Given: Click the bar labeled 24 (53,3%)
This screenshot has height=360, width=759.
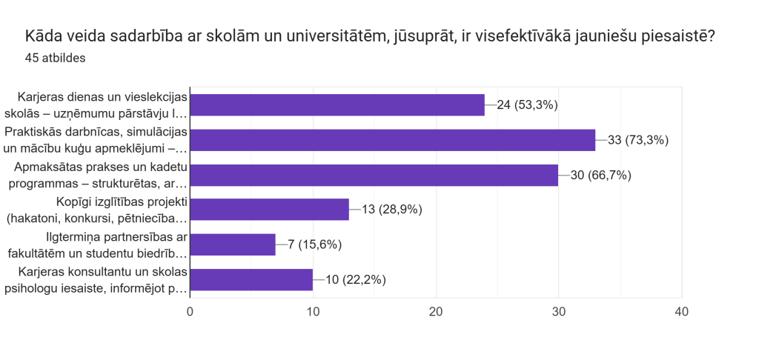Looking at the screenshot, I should [x=337, y=104].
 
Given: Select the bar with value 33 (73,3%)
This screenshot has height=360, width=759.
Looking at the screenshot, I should [x=393, y=139].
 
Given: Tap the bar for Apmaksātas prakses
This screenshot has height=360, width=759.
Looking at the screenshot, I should [x=374, y=175].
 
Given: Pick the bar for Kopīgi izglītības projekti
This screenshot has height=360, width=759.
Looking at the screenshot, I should [x=270, y=210].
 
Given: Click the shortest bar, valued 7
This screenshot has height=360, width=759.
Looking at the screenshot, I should [x=233, y=244].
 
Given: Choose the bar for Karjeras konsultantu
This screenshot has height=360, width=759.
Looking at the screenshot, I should [x=251, y=279].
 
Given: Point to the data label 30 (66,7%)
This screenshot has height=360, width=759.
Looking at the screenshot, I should [x=601, y=175].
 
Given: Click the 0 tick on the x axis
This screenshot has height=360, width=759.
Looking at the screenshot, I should [x=190, y=312].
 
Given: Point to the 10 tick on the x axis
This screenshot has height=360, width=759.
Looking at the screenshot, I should [x=313, y=312].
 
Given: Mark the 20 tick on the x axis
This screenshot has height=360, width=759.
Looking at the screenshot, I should [x=436, y=312].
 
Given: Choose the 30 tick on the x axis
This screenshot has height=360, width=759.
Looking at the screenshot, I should [x=559, y=312].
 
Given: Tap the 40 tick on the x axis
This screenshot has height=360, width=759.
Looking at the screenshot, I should [x=682, y=312].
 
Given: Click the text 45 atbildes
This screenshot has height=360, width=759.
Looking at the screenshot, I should [x=55, y=58].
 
